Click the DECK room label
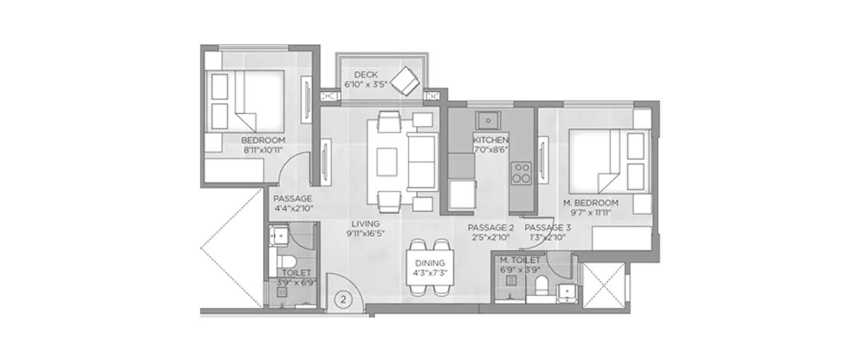point(366,75)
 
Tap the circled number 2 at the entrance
point(344,300)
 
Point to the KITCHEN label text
point(490,140)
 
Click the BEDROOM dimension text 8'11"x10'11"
point(263,150)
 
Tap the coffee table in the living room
point(386,162)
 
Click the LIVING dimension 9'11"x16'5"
point(365,233)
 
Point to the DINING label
point(429,262)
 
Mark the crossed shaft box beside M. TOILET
point(603,284)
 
